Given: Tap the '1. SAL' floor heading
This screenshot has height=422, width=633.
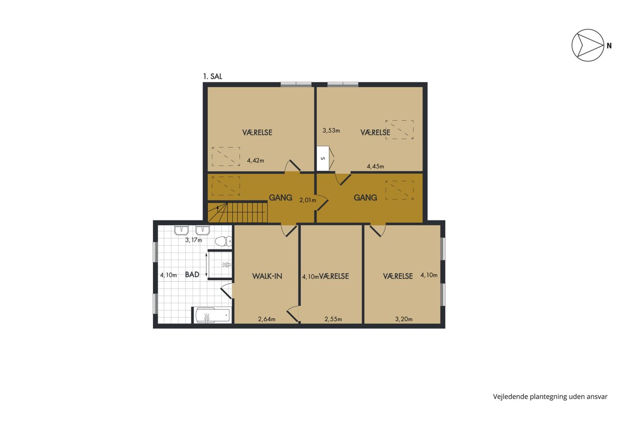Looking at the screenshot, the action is [213, 76].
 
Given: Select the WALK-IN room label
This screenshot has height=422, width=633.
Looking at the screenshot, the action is [267, 276].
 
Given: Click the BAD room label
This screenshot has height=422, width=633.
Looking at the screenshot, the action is [192, 274].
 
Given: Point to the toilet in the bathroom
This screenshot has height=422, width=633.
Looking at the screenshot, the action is [223, 241].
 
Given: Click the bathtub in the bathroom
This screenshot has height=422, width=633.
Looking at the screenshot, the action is [213, 315].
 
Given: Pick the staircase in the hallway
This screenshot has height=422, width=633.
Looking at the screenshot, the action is [238, 213].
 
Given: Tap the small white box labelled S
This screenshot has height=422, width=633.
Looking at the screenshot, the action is [323, 158].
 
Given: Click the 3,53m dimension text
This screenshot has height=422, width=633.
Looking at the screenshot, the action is [331, 130].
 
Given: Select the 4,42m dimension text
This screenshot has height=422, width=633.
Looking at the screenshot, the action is [255, 160].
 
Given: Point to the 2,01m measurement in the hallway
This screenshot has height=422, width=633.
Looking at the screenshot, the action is [308, 200].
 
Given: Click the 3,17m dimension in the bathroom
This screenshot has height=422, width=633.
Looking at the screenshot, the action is [194, 240].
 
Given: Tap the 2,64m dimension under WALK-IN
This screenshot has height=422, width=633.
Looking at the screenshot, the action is [267, 319].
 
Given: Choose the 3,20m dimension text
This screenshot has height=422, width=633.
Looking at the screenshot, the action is [404, 319].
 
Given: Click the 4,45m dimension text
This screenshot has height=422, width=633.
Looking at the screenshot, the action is [375, 167].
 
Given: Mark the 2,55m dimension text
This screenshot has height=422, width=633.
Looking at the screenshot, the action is [333, 319].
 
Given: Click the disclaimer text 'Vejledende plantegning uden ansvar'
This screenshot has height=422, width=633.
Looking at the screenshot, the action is [550, 397].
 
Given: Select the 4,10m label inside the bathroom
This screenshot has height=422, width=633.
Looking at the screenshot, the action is [168, 275].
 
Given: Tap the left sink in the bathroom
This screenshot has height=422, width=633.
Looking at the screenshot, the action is [181, 230].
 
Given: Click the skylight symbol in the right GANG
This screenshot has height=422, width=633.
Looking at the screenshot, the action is [399, 190].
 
